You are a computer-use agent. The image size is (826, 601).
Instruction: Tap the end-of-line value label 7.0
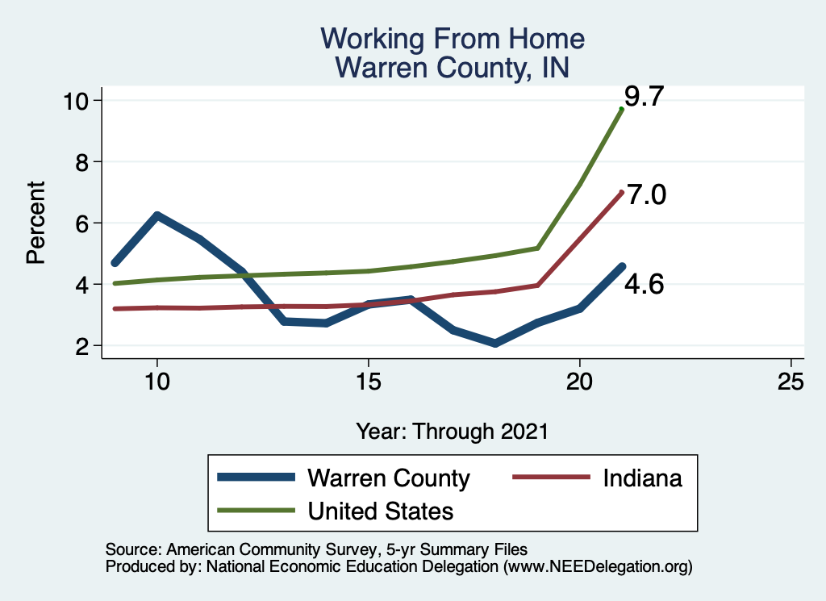pyautogui.click(x=645, y=195)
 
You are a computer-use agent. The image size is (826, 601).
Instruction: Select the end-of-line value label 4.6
pyautogui.click(x=644, y=284)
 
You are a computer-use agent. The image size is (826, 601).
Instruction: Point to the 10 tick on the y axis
pyautogui.click(x=79, y=100)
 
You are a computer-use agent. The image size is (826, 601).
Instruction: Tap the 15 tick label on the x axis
pyautogui.click(x=368, y=382)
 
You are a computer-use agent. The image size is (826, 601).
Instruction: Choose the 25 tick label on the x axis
pyautogui.click(x=791, y=382)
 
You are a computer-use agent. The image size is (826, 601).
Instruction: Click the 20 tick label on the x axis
pyautogui.click(x=580, y=382)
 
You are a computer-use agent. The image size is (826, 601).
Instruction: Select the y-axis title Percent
pyautogui.click(x=35, y=223)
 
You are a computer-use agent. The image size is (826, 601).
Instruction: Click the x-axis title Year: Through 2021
pyautogui.click(x=452, y=431)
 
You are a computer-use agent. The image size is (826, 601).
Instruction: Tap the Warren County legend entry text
pyautogui.click(x=388, y=478)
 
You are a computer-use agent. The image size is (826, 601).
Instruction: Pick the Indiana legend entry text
pyautogui.click(x=641, y=478)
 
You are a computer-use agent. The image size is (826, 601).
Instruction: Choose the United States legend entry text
pyautogui.click(x=380, y=511)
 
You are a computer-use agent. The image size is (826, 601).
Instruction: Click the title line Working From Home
pyautogui.click(x=452, y=39)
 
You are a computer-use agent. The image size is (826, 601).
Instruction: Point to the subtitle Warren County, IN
pyautogui.click(x=452, y=67)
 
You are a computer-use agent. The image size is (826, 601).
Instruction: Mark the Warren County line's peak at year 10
pyautogui.click(x=157, y=215)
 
